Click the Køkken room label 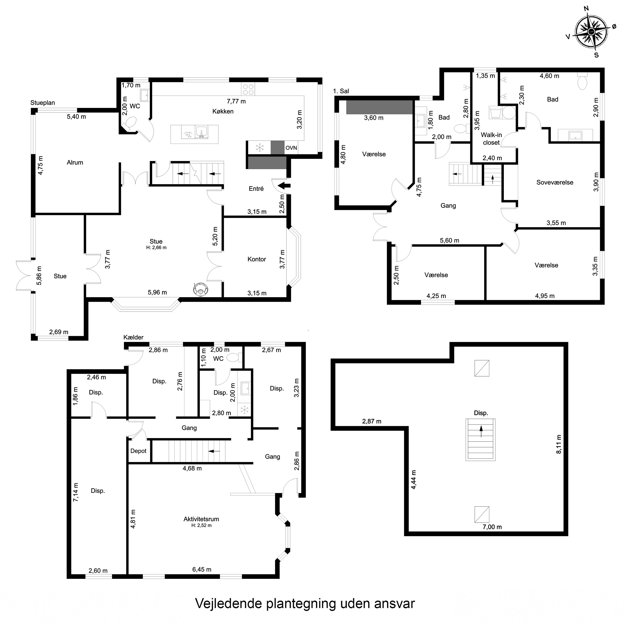pyautogui.click(x=223, y=111)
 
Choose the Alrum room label pyautogui.click(x=75, y=162)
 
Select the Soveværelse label pyautogui.click(x=555, y=182)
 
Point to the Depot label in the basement pyautogui.click(x=138, y=451)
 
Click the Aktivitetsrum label pyautogui.click(x=201, y=519)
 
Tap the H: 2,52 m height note pyautogui.click(x=201, y=525)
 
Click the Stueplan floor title pyautogui.click(x=43, y=103)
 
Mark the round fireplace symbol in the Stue pyautogui.click(x=200, y=289)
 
